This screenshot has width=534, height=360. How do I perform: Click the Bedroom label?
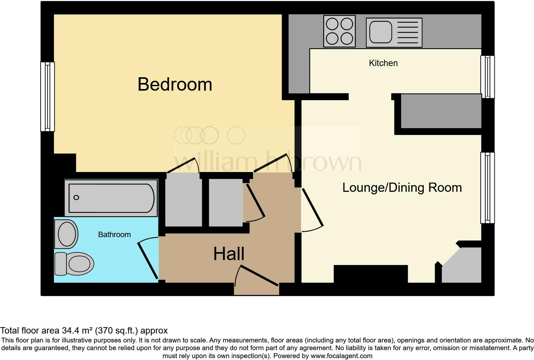coord(175,84)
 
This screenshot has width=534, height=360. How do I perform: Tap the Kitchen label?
coord(383,63)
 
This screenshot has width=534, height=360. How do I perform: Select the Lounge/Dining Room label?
coord(402,187)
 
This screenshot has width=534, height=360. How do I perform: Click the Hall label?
coord(229,254)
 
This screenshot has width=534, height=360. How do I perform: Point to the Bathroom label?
coord(114,235)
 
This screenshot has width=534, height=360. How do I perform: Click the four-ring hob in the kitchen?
coord(339,31)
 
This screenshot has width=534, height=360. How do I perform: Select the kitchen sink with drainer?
coord(394,32)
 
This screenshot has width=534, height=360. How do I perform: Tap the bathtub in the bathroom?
coord(111,198)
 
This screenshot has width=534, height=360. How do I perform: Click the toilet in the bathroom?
coord(74,264)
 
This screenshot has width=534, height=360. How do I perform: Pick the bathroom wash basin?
coord(66,234)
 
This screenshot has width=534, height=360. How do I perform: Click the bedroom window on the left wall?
coord(47,96)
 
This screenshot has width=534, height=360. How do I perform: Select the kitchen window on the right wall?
coord(488,77)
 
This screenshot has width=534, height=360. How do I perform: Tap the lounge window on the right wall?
coord(488,188)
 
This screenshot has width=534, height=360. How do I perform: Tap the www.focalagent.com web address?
coord(341,356)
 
